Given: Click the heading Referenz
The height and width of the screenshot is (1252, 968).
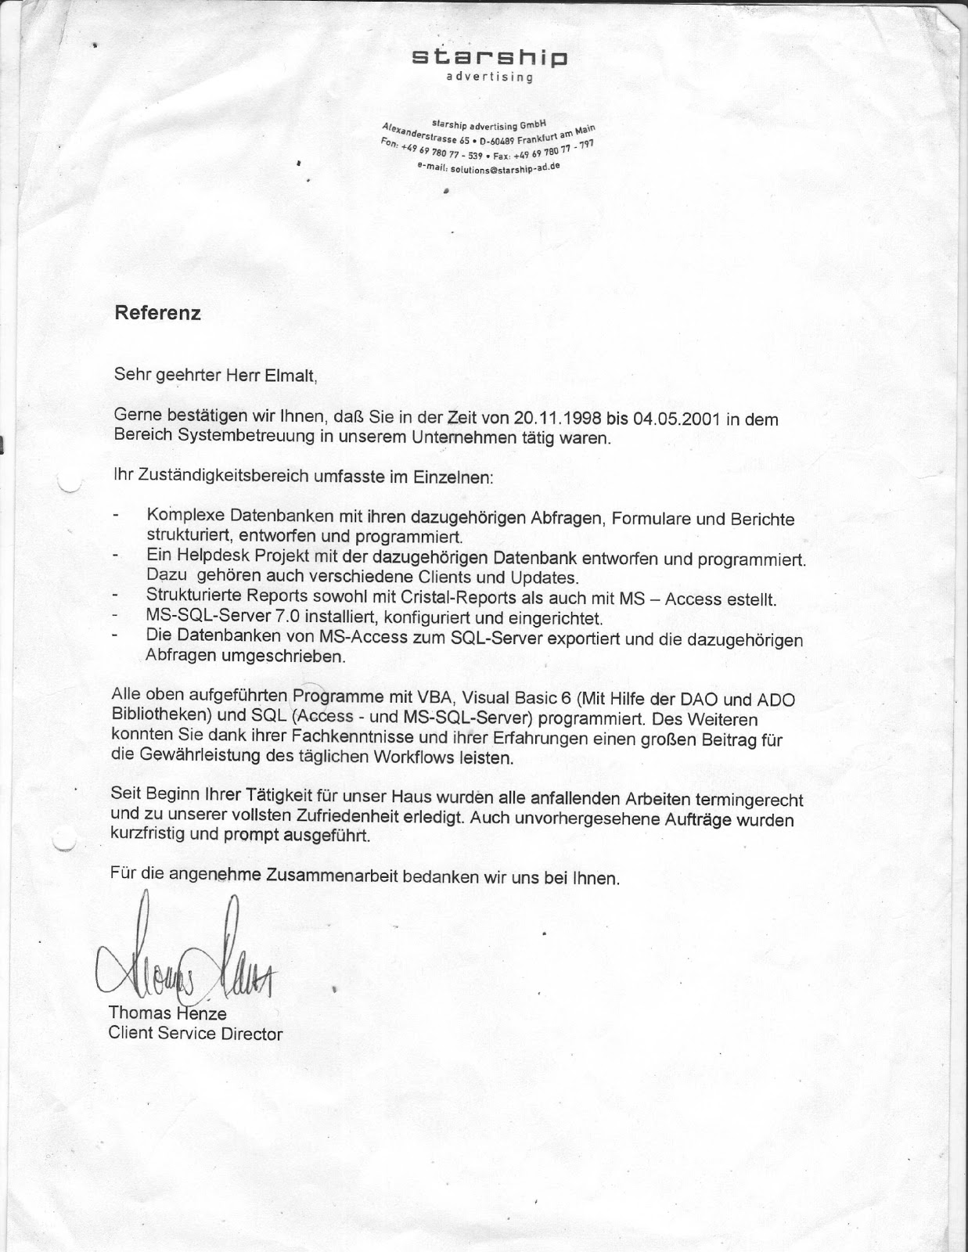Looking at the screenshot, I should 157,313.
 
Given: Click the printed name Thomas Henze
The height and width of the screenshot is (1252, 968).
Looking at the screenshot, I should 167,1013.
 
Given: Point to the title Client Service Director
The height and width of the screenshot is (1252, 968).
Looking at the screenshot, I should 196,1034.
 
